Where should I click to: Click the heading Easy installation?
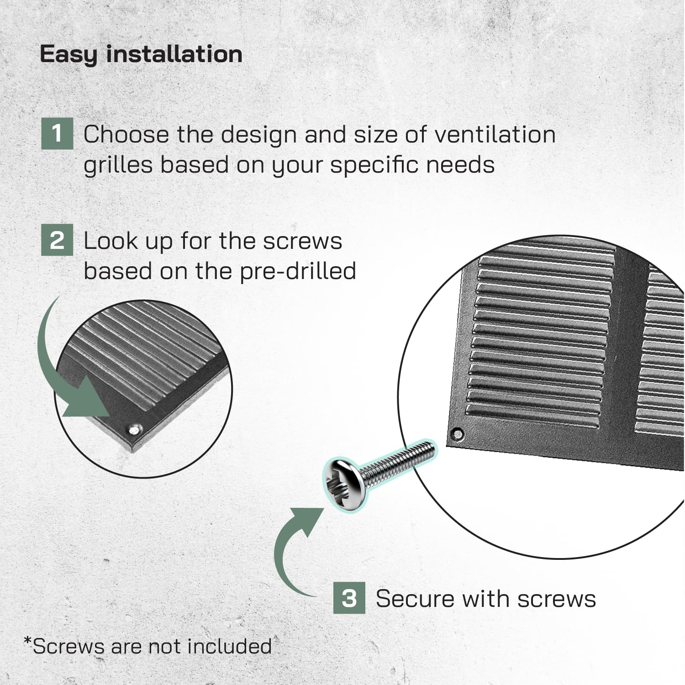(141, 54)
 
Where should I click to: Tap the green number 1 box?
(57, 134)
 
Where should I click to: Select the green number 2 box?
(57, 240)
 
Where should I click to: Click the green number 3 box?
(349, 598)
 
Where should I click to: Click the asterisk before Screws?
(28, 642)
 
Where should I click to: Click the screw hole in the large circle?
(457, 433)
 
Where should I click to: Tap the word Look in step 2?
(111, 241)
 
